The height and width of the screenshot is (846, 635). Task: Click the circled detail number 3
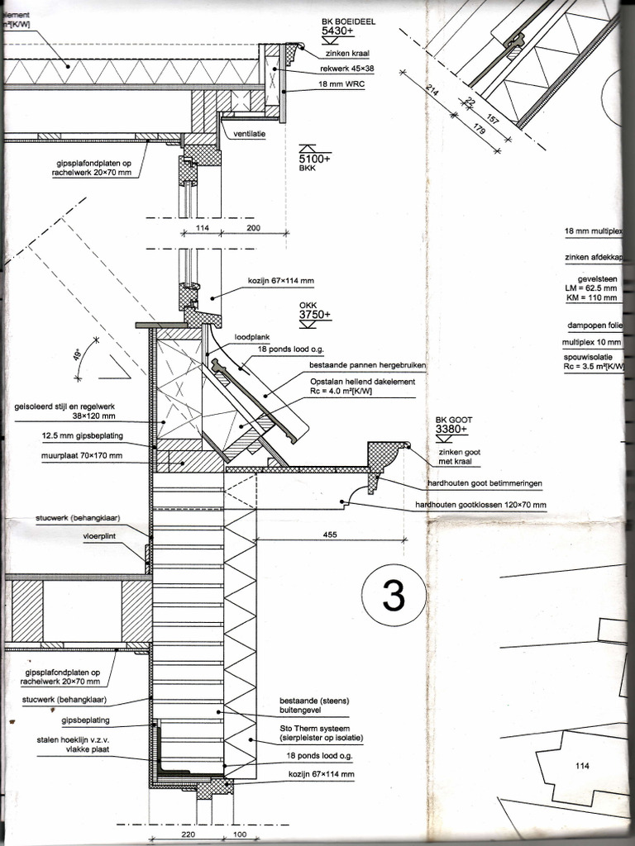click(x=394, y=595)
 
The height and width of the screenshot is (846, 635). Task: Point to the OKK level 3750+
click(x=315, y=315)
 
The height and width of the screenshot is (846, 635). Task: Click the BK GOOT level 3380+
click(x=451, y=429)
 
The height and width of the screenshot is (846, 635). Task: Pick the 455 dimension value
click(x=331, y=535)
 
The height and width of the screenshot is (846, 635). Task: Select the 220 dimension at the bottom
click(x=189, y=834)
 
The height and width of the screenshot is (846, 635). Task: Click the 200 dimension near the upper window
click(x=252, y=227)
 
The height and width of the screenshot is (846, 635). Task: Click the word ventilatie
click(x=249, y=135)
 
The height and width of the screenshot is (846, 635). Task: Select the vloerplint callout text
click(x=102, y=536)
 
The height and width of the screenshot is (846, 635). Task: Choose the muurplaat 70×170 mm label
click(x=81, y=455)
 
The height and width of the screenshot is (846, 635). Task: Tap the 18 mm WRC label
click(x=341, y=85)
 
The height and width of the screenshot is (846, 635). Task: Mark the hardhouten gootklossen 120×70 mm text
click(x=480, y=504)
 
